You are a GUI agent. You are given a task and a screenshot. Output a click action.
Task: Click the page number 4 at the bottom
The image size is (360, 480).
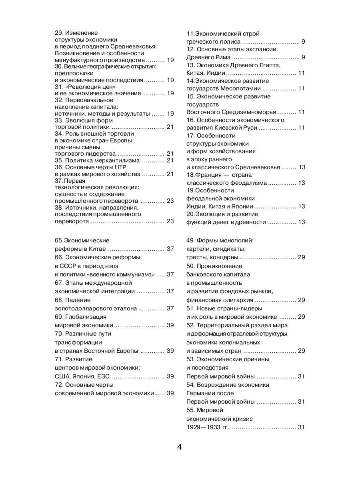180,447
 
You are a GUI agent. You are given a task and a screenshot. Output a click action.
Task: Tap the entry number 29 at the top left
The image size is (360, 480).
58,33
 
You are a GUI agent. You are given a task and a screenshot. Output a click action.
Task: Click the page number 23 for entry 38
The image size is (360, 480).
170,221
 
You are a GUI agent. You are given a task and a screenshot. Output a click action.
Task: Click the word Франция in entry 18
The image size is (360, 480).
208,174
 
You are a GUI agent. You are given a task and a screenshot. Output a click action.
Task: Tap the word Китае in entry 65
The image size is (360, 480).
97,249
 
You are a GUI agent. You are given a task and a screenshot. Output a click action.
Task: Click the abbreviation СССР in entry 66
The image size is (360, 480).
69,266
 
